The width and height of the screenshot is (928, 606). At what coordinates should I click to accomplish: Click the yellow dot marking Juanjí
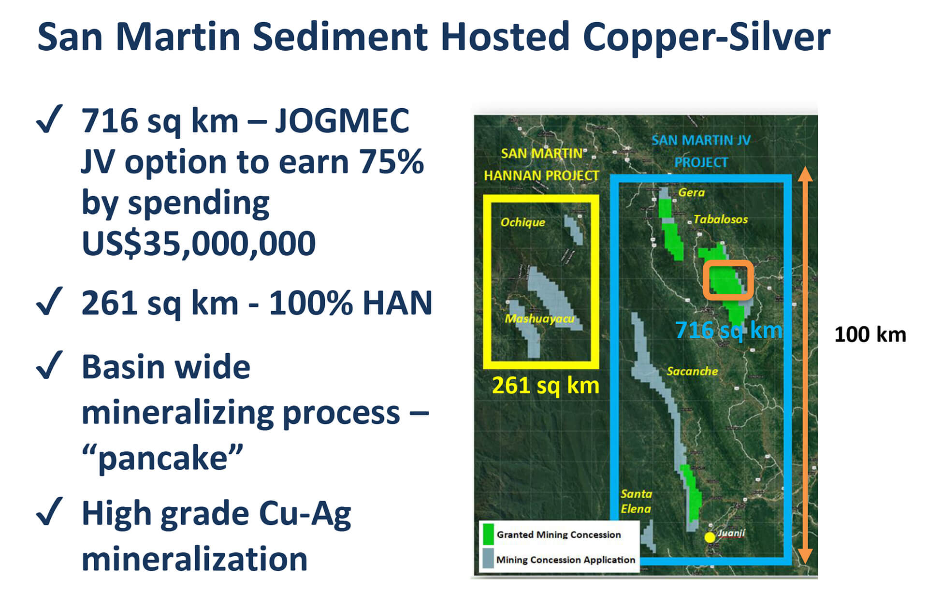coord(710,537)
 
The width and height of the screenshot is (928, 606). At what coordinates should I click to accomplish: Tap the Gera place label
coord(691,192)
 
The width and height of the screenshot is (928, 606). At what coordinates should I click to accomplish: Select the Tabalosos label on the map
coord(720,219)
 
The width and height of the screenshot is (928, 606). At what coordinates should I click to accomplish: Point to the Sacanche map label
coord(692,371)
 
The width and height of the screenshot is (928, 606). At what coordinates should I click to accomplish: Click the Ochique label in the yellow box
coord(522,222)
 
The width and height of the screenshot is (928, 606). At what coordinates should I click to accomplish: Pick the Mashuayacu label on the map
coord(539,318)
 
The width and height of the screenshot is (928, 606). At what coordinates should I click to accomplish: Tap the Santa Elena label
coord(636,501)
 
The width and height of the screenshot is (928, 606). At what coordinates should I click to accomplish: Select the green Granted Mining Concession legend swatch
coord(488,534)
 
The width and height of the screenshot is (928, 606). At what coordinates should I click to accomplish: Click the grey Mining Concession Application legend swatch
coord(488,558)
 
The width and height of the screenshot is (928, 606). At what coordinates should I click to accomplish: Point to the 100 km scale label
coord(870,334)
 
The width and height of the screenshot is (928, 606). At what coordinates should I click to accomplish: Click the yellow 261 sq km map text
coord(546,386)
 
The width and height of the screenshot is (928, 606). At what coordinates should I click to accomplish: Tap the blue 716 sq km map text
coord(728,331)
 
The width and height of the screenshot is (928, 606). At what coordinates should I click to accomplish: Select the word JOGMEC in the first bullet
coord(342,120)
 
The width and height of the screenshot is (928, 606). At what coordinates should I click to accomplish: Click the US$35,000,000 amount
coord(199,243)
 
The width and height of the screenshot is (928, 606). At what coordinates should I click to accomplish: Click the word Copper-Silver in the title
coord(707,37)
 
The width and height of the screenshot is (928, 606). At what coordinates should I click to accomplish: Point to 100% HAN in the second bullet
coord(350,303)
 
